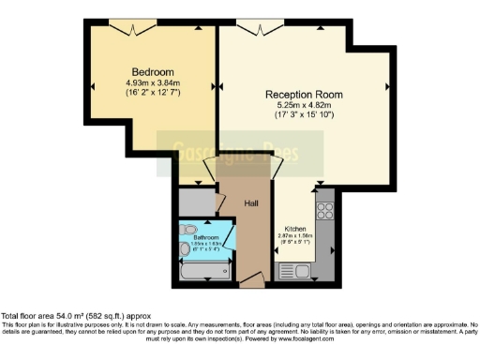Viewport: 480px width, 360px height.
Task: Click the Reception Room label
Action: (303, 95)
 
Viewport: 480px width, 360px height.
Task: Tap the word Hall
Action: (251, 202)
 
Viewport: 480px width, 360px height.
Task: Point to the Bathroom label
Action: (206, 238)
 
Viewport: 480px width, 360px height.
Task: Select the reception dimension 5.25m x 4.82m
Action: (303, 106)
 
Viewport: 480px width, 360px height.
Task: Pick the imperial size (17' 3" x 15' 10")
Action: (303, 116)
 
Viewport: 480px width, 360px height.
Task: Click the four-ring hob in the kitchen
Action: (325, 217)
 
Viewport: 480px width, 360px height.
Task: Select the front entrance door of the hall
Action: (248, 278)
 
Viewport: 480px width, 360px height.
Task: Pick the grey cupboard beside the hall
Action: (198, 201)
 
